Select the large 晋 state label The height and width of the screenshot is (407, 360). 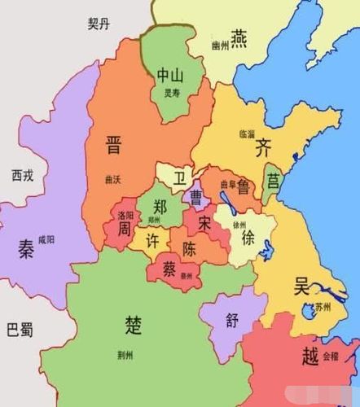[113, 147]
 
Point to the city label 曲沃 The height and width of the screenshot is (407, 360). [114, 178]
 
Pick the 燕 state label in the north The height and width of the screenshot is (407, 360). [239, 37]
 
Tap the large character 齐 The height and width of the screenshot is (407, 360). [263, 147]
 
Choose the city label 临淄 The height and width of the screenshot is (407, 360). [247, 132]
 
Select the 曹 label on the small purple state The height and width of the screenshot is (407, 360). [196, 196]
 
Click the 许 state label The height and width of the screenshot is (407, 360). [151, 242]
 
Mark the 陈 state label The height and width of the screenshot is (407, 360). [188, 247]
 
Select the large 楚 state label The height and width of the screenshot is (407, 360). [134, 324]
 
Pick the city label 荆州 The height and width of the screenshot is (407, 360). [125, 355]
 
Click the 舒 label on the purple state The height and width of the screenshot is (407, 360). [232, 320]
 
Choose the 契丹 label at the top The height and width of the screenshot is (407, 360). [99, 24]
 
